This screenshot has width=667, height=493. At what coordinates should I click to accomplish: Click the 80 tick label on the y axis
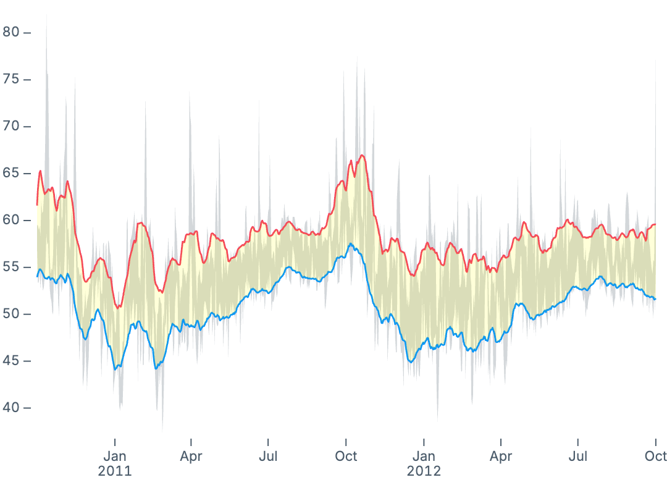(x=12, y=32)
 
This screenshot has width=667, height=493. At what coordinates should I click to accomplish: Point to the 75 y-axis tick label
(x=12, y=79)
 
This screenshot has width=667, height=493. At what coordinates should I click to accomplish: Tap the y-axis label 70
(x=12, y=126)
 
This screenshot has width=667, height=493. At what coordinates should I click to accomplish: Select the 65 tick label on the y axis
(x=12, y=173)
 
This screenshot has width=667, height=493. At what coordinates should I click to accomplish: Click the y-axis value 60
(x=12, y=220)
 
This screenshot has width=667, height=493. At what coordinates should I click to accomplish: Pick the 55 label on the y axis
(x=12, y=267)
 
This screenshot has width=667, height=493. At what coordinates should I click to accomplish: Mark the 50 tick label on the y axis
(x=12, y=314)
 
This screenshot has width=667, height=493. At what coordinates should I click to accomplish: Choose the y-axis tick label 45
(x=12, y=361)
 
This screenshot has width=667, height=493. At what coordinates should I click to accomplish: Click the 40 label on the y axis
(x=12, y=408)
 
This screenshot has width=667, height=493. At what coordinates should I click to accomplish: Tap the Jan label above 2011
(x=115, y=457)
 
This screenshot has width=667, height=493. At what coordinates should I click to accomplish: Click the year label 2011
(x=115, y=471)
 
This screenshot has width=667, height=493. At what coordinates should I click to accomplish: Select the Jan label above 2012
(x=424, y=457)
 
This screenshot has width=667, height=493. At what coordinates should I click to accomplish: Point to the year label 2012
(x=424, y=471)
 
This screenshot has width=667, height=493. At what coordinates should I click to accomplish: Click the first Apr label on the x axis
(x=191, y=457)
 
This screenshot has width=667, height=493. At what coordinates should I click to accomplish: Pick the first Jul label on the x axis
(x=268, y=457)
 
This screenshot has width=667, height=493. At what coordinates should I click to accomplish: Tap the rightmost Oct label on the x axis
(x=655, y=457)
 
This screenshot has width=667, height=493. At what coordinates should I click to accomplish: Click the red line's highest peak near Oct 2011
(x=362, y=155)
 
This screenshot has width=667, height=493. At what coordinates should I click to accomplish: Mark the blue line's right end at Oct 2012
(x=655, y=299)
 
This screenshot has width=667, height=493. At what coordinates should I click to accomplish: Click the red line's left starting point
(x=37, y=204)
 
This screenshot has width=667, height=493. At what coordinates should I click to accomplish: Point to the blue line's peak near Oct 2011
(x=350, y=244)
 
